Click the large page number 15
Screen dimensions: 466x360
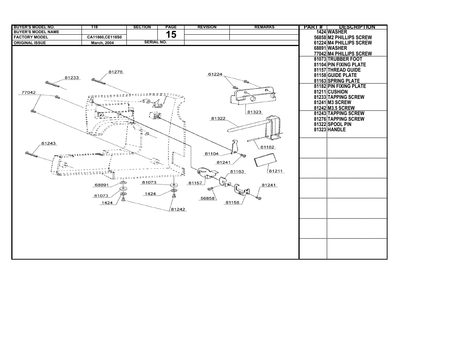(171, 35)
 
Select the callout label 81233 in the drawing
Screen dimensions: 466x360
(72, 78)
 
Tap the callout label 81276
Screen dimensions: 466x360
(115, 72)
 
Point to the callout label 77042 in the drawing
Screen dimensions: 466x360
(29, 92)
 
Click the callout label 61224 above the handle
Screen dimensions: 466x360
(215, 74)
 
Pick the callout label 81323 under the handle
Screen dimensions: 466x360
(254, 112)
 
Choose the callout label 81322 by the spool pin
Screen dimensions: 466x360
(218, 118)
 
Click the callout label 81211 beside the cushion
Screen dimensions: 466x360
(276, 171)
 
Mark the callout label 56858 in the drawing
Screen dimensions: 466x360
(208, 198)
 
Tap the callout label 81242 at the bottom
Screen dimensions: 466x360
(178, 209)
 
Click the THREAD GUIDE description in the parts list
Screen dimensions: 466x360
(344, 70)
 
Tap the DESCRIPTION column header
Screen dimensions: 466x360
(357, 27)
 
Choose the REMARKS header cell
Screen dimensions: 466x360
(264, 27)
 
